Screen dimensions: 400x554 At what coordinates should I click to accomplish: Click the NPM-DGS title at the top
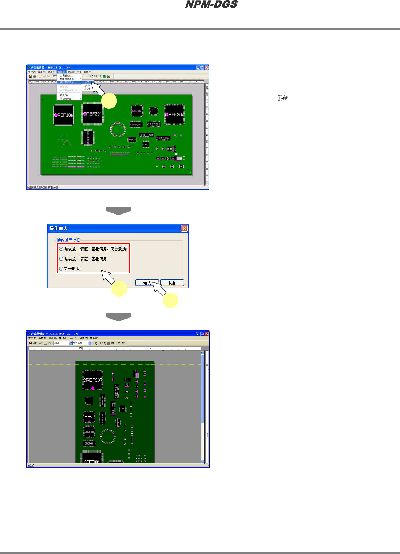click(x=211, y=5)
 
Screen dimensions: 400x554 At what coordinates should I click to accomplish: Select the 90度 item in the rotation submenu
click(x=87, y=82)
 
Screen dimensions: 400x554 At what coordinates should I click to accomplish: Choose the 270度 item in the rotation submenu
click(x=87, y=89)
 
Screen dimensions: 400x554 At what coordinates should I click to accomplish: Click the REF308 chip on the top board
click(x=64, y=115)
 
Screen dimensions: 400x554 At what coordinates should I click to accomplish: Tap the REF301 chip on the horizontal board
click(x=93, y=114)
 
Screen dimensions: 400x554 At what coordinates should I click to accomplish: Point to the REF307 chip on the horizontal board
click(x=175, y=114)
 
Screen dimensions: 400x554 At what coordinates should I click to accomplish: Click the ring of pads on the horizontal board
click(x=118, y=130)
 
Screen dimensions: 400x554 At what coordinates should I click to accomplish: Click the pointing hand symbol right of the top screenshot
click(x=284, y=98)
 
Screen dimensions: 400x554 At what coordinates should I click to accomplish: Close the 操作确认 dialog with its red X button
click(x=184, y=229)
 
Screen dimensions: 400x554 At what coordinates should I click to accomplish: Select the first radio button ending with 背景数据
click(x=61, y=249)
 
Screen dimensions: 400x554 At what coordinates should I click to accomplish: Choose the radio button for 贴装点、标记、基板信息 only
click(x=61, y=259)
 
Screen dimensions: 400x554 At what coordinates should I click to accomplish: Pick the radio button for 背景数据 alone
click(x=61, y=269)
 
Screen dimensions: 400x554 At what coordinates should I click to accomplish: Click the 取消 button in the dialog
click(x=172, y=283)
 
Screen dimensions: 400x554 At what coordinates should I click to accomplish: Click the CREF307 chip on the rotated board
click(x=93, y=380)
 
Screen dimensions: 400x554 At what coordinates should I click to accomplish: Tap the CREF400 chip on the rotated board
click(x=89, y=432)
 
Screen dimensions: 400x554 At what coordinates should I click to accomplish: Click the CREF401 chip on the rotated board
click(x=89, y=443)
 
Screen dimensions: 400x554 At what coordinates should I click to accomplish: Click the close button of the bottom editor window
click(x=207, y=334)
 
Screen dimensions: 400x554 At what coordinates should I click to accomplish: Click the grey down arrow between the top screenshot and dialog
click(x=118, y=211)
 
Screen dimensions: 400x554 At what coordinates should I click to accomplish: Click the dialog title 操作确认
click(x=59, y=229)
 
